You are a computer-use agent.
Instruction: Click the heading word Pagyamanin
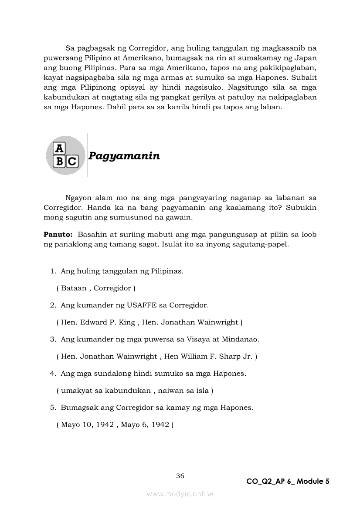tap(124, 156)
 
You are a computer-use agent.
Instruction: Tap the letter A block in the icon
tap(59, 149)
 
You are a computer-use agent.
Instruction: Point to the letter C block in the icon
tap(72, 162)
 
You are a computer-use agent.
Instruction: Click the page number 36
tap(180, 475)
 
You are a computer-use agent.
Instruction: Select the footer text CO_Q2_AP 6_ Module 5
tap(288, 481)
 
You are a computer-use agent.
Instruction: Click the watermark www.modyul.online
tap(180, 494)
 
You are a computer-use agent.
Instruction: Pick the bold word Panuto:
tap(58, 234)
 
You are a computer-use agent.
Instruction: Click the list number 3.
tap(52, 339)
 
